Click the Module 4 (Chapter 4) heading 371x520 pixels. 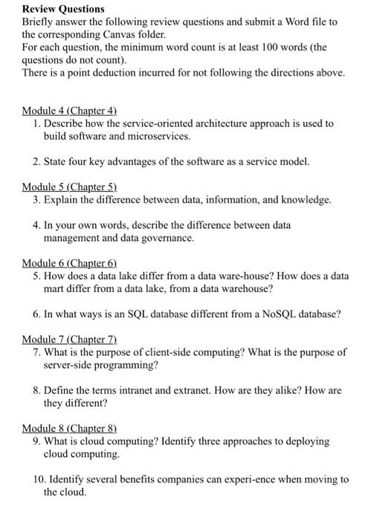[x=70, y=110]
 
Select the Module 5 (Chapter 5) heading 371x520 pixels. [x=70, y=186]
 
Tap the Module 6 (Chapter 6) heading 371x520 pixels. [x=70, y=263]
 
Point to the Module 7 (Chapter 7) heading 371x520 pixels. [x=70, y=339]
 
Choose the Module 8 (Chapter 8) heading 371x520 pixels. [x=70, y=429]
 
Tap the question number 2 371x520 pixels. [x=37, y=161]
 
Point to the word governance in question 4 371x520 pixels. [x=170, y=238]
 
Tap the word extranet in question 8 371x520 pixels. [x=186, y=391]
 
